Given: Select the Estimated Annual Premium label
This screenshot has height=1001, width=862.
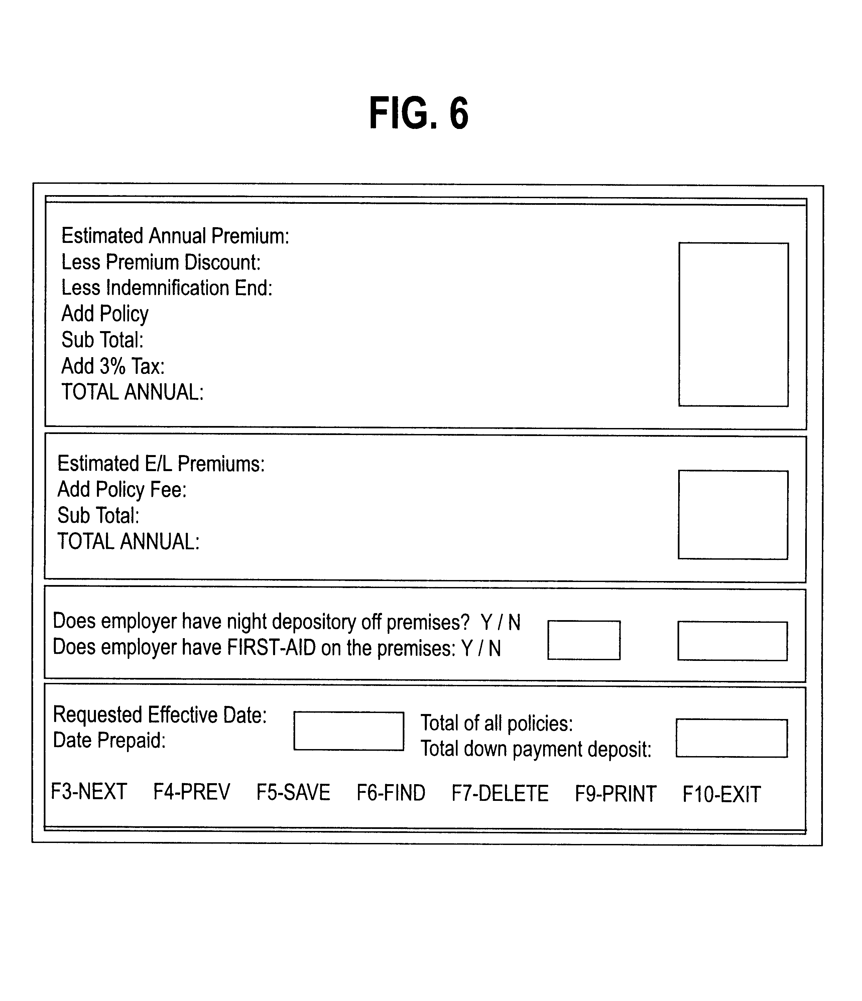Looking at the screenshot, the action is [x=175, y=236].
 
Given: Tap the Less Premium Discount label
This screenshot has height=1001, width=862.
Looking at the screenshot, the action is [x=161, y=262].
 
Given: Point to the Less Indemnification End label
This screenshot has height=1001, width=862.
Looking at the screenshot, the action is [x=167, y=288].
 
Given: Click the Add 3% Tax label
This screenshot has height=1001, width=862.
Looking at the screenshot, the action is [x=113, y=366].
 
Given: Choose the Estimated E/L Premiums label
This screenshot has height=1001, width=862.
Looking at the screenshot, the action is [x=161, y=464].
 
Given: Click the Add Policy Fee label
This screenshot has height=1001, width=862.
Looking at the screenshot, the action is [x=122, y=489].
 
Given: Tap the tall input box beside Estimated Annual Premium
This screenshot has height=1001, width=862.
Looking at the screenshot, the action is [x=733, y=325].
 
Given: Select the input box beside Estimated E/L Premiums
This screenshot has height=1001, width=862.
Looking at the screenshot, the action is [x=733, y=515].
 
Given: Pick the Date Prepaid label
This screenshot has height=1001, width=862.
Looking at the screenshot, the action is [x=109, y=740].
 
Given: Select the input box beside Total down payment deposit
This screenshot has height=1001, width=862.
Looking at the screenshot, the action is [x=732, y=738].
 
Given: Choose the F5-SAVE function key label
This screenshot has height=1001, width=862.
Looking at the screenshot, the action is [x=293, y=792].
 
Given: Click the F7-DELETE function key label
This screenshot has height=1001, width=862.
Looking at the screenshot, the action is [x=500, y=793].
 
